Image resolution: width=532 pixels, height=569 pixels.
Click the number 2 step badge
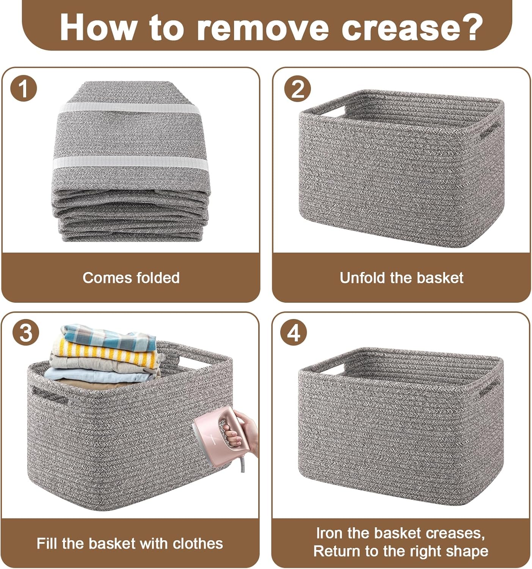coord(297,88)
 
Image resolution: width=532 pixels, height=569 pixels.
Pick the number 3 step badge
coord(26,333)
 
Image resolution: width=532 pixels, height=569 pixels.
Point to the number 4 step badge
coord(293,333)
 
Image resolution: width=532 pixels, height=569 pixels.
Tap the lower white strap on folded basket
coord(130,163)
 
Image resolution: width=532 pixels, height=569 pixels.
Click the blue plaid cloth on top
coord(109,336)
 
